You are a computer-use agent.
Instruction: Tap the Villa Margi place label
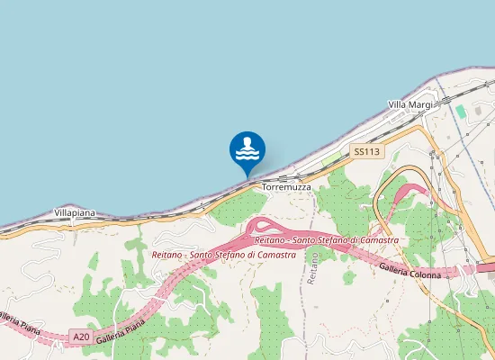coord(409,105)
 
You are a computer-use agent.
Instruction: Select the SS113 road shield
coord(364,152)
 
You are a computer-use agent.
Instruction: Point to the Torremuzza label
coord(286,187)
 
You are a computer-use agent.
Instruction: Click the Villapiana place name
coord(75,212)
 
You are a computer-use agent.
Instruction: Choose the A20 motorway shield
coord(81,337)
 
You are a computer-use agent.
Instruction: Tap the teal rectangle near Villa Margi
coord(461,112)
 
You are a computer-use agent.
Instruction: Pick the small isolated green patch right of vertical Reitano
coord(348,276)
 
